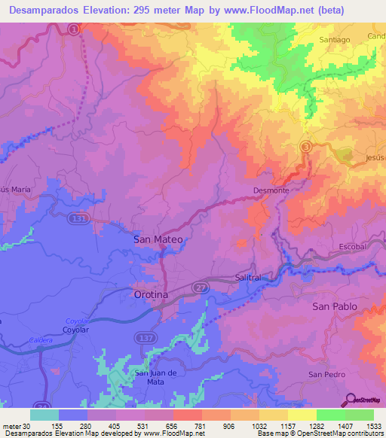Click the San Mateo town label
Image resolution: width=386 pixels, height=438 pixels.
coord(158,239)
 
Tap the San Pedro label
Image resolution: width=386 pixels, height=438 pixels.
coord(326,374)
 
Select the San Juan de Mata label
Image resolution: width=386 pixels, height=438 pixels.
coord(155,376)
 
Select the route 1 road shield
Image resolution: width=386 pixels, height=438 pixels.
coord(73,29)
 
